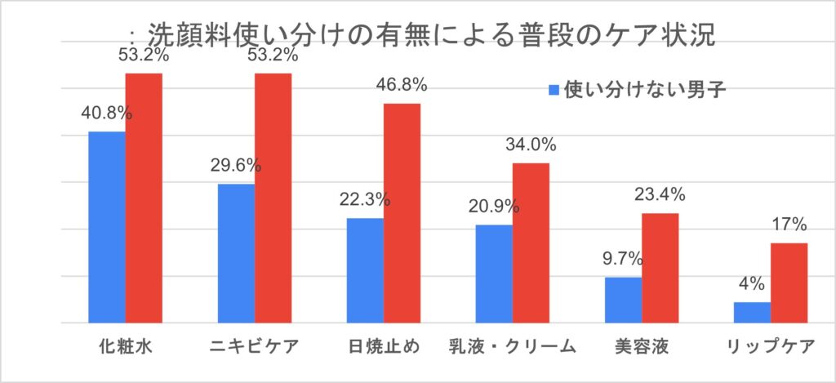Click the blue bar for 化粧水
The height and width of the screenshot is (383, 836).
coord(107,227)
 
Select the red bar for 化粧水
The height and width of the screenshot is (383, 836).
coord(144,198)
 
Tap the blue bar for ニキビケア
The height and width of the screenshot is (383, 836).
coord(236,253)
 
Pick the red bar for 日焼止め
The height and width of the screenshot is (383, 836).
coord(402,212)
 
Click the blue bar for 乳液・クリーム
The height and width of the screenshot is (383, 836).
coord(494,274)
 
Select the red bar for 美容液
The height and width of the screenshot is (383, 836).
coord(660,268)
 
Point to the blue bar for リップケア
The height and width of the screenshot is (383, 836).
coord(752,313)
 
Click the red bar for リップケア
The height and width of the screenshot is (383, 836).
coord(789,283)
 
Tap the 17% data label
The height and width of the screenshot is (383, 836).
coord(789,225)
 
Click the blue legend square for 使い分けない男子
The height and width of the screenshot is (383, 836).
coord(554,88)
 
